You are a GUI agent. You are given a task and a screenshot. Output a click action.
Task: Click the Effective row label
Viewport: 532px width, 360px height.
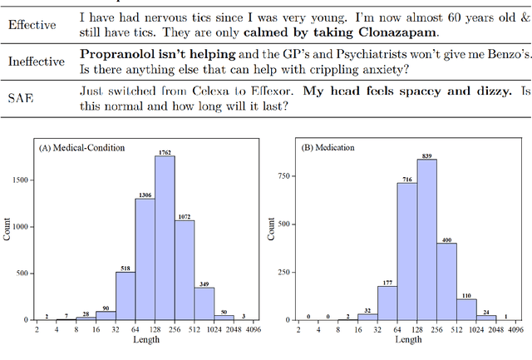(x=32, y=25)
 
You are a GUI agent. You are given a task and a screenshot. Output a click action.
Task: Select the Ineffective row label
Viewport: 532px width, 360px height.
(x=37, y=62)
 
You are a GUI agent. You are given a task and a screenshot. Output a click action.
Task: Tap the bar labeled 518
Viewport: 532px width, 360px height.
(x=125, y=295)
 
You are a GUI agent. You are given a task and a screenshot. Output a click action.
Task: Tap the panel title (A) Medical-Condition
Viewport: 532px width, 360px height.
(x=83, y=147)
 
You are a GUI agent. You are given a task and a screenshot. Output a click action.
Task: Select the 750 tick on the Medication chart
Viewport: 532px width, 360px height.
(x=284, y=176)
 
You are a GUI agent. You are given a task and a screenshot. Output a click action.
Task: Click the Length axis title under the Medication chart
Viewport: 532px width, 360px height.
(x=407, y=340)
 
